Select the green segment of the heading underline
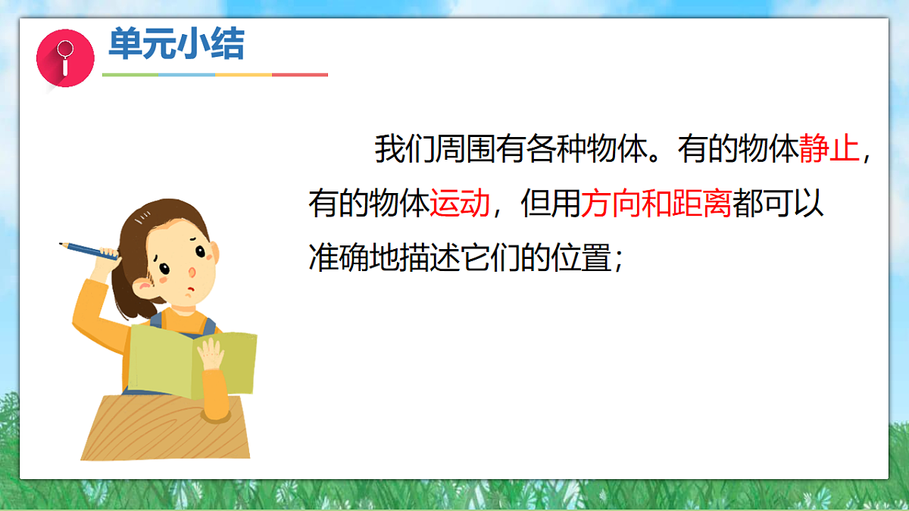130,75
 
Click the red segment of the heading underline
300,75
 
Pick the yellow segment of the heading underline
243,75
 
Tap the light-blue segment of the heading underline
187,75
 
